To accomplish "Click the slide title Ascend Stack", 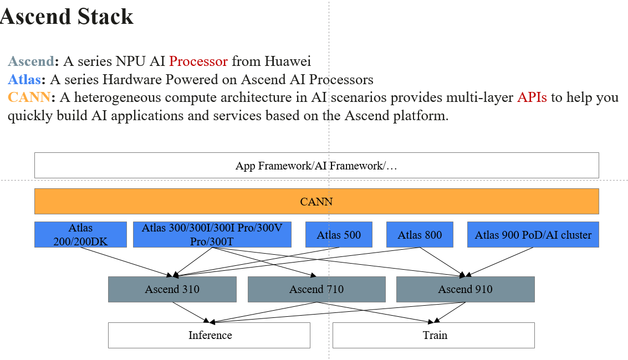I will point(67,17).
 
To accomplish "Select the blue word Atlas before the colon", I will point(24,79).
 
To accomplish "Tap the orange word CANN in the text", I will point(29,97).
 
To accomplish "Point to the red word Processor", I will point(198,61).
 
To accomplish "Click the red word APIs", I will point(532,97).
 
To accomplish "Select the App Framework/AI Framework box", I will point(316,166).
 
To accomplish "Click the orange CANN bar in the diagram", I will point(316,202).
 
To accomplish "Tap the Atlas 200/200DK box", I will point(80,235).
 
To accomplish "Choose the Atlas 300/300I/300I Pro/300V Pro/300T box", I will point(212,235).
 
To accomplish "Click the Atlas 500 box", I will point(339,235).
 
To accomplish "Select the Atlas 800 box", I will point(420,235).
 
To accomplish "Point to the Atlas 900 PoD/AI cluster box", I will point(533,235).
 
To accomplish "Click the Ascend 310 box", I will point(172,289).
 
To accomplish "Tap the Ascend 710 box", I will point(316,289).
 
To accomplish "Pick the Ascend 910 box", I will point(465,289).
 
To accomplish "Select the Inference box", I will point(210,335).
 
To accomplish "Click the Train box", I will point(434,335).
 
